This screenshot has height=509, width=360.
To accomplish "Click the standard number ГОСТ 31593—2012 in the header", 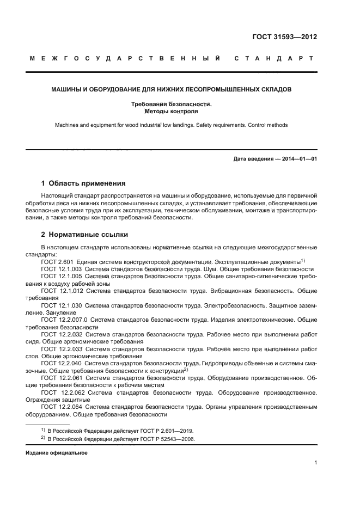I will coord(285,37).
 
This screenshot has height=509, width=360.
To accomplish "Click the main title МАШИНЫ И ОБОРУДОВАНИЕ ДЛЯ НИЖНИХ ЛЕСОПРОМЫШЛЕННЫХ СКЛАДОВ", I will coord(171,88).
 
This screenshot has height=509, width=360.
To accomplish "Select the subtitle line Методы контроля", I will coord(171,111).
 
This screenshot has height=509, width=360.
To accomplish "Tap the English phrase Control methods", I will coord(267,125).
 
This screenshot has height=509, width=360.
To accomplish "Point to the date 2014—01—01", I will coord(297,159).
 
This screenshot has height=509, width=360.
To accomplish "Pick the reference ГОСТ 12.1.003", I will coord(62,269).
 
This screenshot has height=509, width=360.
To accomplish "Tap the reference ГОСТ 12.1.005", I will coord(62,277).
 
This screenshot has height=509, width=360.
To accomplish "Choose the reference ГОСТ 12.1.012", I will coord(62,291).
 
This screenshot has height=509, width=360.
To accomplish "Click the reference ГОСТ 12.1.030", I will coord(62,306).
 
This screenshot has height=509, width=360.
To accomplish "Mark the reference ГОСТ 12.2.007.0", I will coord(64,321).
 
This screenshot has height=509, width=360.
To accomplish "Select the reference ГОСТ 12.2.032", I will coord(62,335).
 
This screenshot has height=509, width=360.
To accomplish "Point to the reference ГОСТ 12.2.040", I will coord(62,364).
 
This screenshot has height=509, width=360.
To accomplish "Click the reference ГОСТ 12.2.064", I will coord(62,407).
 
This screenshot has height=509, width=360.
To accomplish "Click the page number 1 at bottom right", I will coord(315,463).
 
